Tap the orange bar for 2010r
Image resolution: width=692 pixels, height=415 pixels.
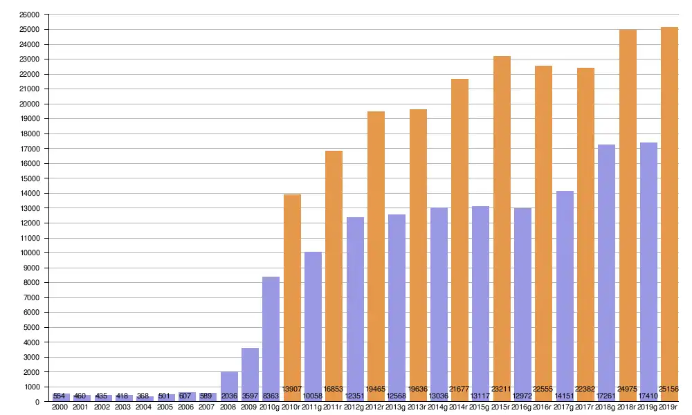tap(292, 290)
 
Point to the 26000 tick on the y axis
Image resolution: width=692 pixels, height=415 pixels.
tap(30, 15)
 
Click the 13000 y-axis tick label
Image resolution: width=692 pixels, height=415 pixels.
tap(30, 208)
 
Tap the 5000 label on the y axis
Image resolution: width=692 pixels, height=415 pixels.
tap(32, 327)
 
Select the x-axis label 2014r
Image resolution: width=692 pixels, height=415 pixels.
tap(459, 408)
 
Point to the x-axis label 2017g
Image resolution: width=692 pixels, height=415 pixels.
tap(564, 408)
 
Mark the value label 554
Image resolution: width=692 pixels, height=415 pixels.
tap(61, 396)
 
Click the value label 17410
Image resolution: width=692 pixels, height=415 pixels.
tap(648, 396)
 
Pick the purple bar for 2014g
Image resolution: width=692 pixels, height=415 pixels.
tap(439, 297)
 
